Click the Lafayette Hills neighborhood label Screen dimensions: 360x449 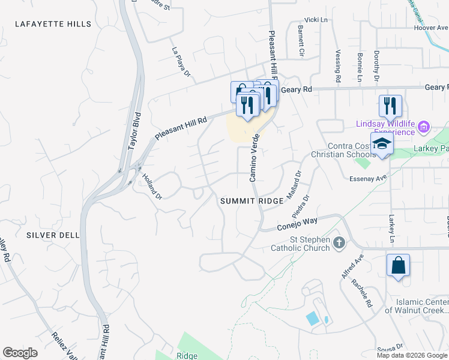55,25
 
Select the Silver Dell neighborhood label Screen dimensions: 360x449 53,236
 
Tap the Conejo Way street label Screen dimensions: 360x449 297,224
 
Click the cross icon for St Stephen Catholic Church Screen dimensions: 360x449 339,243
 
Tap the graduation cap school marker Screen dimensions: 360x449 382,144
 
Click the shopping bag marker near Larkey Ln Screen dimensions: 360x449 399,265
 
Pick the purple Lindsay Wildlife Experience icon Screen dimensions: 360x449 424,127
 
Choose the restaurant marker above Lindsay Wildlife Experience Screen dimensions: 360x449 390,106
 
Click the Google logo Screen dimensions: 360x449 20,353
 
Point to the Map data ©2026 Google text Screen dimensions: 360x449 412,355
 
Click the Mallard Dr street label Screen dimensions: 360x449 296,179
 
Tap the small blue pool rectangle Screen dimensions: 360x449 313,319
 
